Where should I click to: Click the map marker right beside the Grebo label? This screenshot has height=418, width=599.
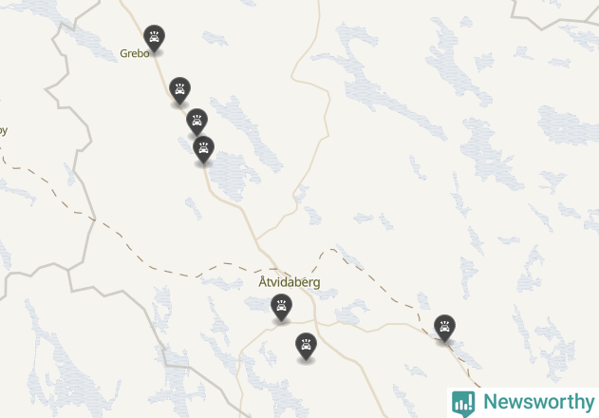click(154, 38)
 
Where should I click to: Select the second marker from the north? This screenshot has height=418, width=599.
click(179, 91)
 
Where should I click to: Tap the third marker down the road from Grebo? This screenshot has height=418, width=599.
click(197, 122)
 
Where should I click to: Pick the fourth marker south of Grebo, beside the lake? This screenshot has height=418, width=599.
click(203, 149)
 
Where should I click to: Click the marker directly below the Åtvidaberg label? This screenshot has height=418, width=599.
click(281, 307)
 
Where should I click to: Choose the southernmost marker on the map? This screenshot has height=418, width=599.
click(306, 346)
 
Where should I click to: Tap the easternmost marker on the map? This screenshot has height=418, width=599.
click(444, 328)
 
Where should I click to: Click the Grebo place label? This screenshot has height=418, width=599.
click(134, 54)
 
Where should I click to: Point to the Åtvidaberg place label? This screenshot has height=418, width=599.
click(290, 283)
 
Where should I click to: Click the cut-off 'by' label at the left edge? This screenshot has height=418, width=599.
click(3, 131)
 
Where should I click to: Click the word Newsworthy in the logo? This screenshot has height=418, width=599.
click(538, 402)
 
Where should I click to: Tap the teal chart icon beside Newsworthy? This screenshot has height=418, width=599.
click(463, 403)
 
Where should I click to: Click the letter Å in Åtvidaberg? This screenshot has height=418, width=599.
click(263, 282)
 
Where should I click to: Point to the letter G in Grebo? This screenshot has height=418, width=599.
click(124, 54)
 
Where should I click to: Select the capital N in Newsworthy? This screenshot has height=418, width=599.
click(490, 402)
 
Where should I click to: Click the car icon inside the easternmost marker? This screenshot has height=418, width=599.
click(444, 326)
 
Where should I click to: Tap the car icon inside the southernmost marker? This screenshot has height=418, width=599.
click(306, 344)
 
